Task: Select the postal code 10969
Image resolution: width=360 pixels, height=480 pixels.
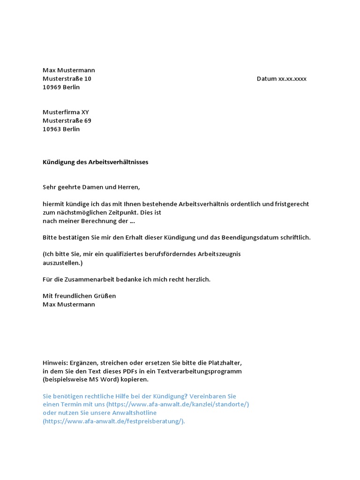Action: (52, 87)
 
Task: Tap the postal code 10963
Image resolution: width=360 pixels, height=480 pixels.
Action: (52, 129)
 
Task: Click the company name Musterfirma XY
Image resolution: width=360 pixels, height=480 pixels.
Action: (66, 112)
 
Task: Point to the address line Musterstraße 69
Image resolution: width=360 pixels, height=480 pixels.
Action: (67, 120)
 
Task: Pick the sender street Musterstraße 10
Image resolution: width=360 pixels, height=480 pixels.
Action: (67, 79)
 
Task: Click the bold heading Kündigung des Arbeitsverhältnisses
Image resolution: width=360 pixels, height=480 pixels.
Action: (96, 162)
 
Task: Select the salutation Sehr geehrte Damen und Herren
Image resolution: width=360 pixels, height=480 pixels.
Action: (91, 187)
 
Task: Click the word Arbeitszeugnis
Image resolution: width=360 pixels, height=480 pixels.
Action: (219, 254)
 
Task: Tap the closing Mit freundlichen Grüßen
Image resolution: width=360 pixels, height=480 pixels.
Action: (79, 296)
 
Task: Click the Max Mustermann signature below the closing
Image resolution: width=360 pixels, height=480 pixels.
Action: (69, 305)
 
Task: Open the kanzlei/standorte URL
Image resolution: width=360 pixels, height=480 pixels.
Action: (178, 405)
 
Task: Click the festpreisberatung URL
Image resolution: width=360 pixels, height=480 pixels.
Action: (114, 421)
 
